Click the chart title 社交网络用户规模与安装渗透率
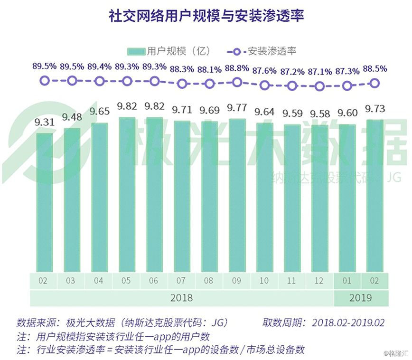[206, 15]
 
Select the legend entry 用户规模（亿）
[169, 51]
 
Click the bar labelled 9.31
[44, 202]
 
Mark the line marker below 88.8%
[237, 82]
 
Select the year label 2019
[361, 299]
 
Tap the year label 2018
[181, 299]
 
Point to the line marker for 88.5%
[375, 83]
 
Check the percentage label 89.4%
[99, 67]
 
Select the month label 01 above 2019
[347, 281]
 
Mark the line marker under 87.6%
[265, 85]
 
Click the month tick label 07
[181, 281]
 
